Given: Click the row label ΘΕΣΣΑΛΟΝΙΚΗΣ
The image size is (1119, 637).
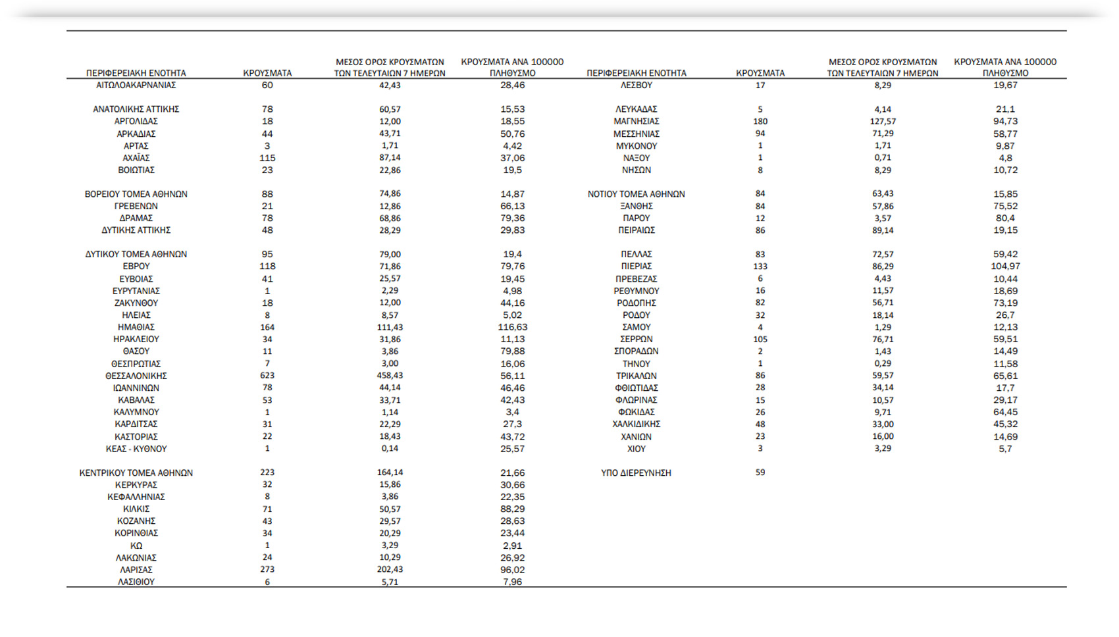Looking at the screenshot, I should (136, 376).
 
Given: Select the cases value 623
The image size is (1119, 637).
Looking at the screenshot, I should (267, 376).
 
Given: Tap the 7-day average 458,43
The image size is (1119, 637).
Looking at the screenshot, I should (390, 376).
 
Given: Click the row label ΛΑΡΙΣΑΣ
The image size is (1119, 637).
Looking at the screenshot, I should (136, 570).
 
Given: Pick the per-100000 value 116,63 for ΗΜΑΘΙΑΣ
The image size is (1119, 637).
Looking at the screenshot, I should (512, 327).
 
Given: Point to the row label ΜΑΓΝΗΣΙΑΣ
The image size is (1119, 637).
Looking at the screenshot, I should (636, 121).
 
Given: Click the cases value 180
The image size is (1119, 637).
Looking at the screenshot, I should (760, 121).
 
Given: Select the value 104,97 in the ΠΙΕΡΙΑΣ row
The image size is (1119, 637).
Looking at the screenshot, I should (1005, 267).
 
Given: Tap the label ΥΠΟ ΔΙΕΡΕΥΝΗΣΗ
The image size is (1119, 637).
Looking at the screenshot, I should (636, 473).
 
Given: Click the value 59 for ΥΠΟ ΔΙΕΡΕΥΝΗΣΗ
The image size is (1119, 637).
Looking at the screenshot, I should (760, 472).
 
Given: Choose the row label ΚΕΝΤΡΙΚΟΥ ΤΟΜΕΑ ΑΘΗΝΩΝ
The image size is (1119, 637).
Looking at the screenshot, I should (136, 473).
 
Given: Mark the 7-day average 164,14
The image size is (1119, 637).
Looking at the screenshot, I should (390, 472).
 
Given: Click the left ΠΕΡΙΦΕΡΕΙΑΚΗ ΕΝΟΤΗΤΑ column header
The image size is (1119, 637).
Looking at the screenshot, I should (136, 73).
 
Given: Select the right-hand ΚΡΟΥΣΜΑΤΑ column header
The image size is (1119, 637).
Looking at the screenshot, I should (760, 73).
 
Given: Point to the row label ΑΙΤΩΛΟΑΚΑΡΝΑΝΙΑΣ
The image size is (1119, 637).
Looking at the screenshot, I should (136, 85).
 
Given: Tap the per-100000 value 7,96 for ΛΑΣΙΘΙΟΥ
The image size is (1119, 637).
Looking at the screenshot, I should (512, 582).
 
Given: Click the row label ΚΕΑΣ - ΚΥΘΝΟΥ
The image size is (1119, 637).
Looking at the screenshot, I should (136, 449).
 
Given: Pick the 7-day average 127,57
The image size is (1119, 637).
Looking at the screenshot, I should (883, 121).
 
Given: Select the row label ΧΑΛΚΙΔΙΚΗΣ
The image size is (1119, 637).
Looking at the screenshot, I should (636, 424).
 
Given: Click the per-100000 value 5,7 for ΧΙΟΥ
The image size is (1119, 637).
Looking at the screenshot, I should (1005, 449).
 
